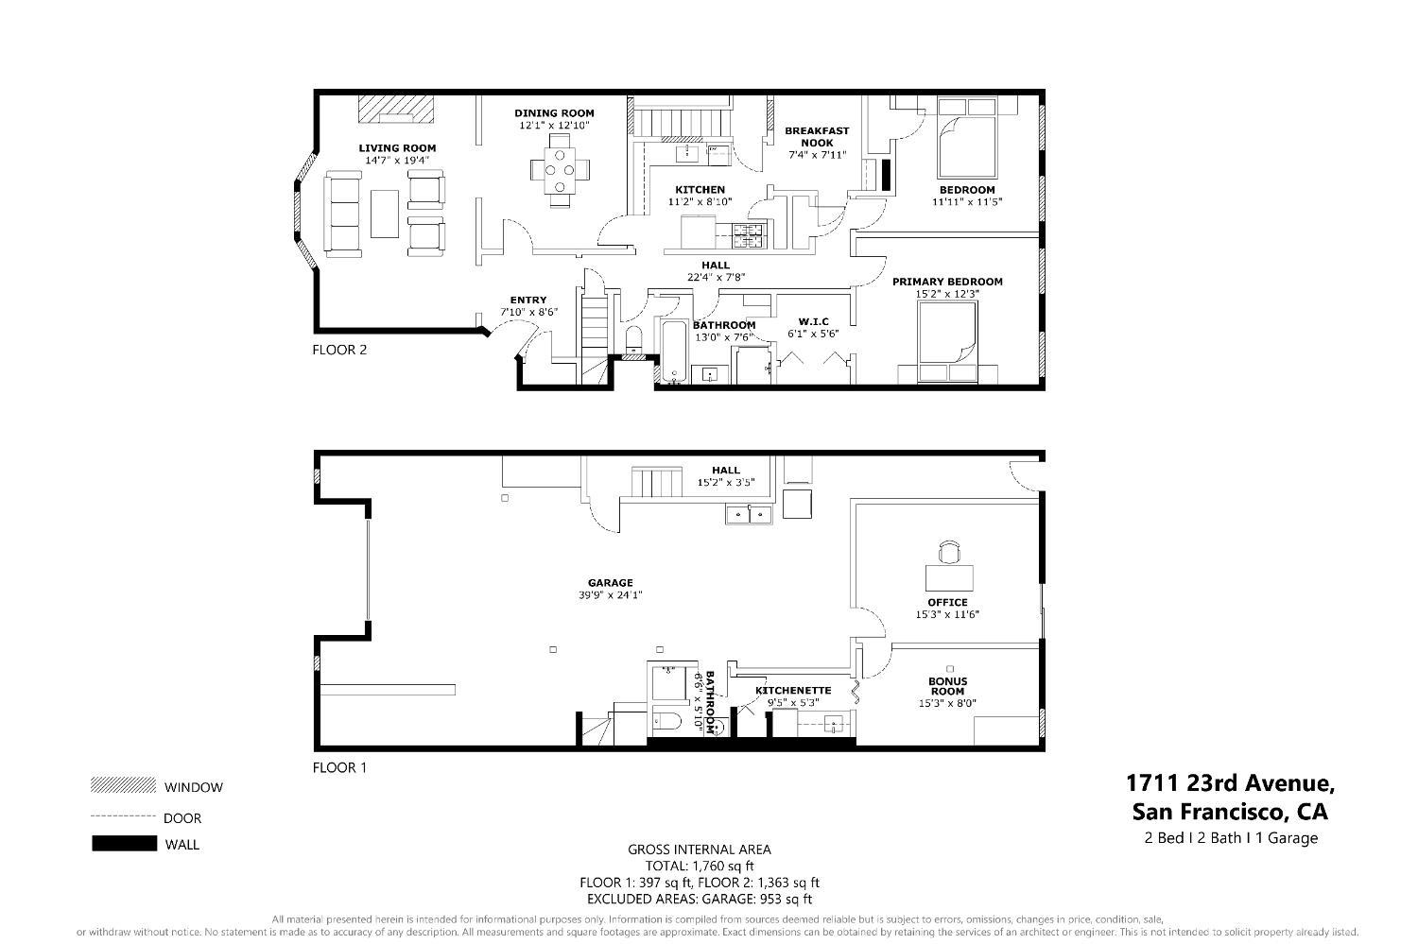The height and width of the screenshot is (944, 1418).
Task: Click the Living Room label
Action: tap(397, 147)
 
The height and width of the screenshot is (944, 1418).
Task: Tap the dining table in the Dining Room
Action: tap(561, 170)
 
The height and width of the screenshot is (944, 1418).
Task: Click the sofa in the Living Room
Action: tap(342, 214)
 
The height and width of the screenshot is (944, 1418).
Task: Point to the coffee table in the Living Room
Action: tap(384, 214)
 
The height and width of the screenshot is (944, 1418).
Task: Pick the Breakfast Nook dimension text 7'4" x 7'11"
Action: tap(818, 155)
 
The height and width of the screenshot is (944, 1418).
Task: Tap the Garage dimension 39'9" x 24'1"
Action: tap(610, 595)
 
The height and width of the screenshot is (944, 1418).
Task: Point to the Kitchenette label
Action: tap(793, 690)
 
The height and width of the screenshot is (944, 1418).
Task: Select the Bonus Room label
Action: tap(947, 686)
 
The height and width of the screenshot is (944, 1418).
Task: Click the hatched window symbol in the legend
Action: tap(123, 785)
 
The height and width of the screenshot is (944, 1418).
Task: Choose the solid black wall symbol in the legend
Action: tap(124, 844)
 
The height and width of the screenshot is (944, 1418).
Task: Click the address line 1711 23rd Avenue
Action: tap(1229, 783)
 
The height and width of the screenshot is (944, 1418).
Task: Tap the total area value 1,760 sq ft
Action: tap(700, 866)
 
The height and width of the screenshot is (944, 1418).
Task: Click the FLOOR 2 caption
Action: tap(339, 350)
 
